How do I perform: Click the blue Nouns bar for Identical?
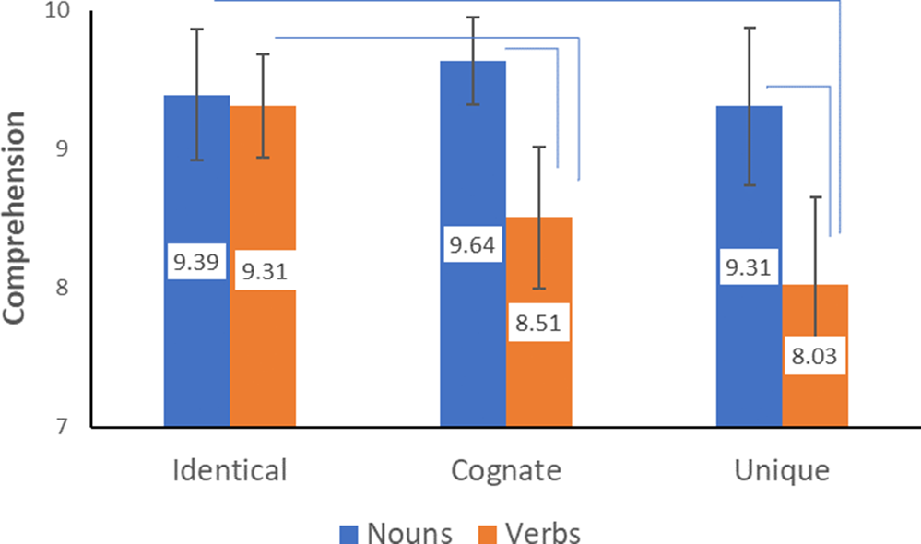(x=196, y=350)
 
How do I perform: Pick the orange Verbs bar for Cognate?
(x=539, y=387)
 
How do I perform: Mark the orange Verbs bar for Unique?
(x=815, y=396)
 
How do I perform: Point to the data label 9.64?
(x=473, y=245)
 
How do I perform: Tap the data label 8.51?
(x=539, y=324)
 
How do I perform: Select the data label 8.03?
(x=815, y=357)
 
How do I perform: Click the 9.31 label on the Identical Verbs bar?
(x=263, y=271)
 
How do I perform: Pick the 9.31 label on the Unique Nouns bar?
(x=749, y=267)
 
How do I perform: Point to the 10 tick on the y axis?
(x=65, y=12)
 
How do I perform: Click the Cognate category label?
(x=506, y=471)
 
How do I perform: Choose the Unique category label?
(x=782, y=471)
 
